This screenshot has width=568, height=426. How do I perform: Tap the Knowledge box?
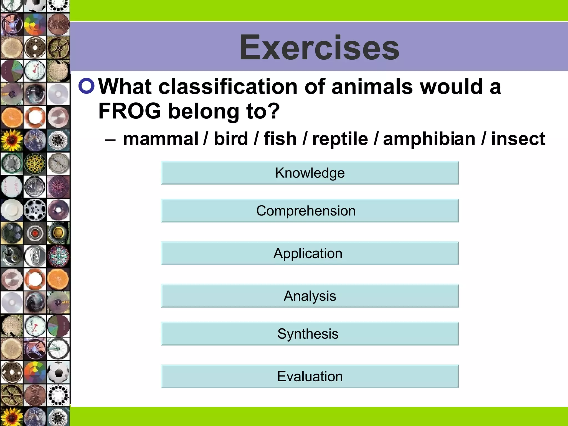pyautogui.click(x=310, y=173)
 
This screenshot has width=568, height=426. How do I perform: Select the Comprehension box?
pyautogui.click(x=310, y=211)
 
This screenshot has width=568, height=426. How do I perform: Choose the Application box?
pyautogui.click(x=310, y=253)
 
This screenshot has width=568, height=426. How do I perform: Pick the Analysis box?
pyautogui.click(x=310, y=296)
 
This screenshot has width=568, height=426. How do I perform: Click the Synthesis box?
pyautogui.click(x=310, y=334)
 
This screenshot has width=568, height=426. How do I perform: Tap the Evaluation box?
pyautogui.click(x=310, y=376)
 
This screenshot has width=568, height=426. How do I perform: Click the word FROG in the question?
pyautogui.click(x=130, y=111)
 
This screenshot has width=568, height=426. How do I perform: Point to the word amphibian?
pyautogui.click(x=429, y=139)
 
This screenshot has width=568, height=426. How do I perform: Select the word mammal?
pyautogui.click(x=161, y=139)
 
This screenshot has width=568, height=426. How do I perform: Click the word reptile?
pyautogui.click(x=340, y=139)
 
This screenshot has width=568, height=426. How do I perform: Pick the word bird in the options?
pyautogui.click(x=231, y=139)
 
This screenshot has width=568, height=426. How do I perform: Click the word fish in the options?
pyautogui.click(x=280, y=139)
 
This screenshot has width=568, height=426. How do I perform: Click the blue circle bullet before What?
pyautogui.click(x=87, y=86)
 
